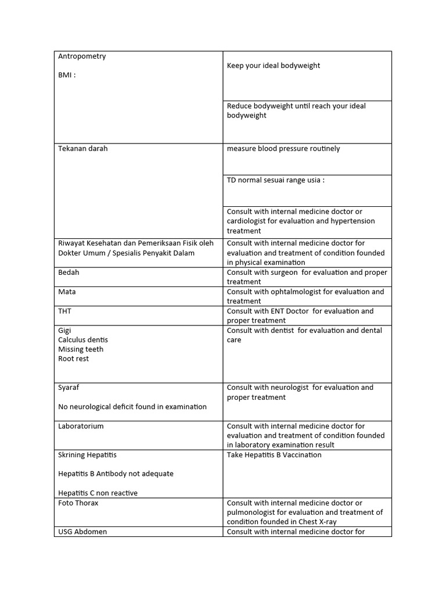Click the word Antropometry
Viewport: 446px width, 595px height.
click(82, 56)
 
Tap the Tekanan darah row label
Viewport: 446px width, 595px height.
click(82, 149)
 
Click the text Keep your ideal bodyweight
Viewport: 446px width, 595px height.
click(273, 66)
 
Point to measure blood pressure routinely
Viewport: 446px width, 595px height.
click(283, 149)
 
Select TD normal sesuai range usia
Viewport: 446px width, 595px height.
click(275, 180)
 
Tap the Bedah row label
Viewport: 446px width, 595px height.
click(69, 273)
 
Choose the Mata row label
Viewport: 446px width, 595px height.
click(67, 292)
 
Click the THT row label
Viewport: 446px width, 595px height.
click(64, 311)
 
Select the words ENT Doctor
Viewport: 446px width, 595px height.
click(289, 311)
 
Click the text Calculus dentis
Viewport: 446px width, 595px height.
click(83, 340)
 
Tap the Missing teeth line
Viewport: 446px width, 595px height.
click(81, 349)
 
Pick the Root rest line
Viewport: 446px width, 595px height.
click(74, 359)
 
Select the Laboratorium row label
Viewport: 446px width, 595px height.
click(81, 426)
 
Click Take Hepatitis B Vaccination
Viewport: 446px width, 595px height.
click(274, 455)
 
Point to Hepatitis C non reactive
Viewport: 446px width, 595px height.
click(98, 493)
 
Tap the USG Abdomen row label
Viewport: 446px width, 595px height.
click(82, 532)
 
